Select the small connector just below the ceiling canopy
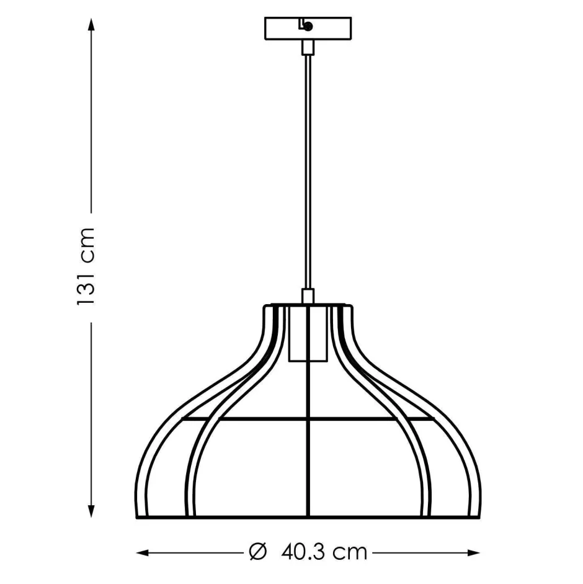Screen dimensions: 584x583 coord(308,48)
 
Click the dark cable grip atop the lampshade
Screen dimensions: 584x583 coord(308,296)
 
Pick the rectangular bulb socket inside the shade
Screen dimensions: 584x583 coord(308,335)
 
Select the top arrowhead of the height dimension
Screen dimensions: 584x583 coord(92,25)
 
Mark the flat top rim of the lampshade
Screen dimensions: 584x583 coord(308,305)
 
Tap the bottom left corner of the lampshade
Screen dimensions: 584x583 coord(136,516)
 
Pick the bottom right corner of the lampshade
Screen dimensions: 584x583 coord(480,516)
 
